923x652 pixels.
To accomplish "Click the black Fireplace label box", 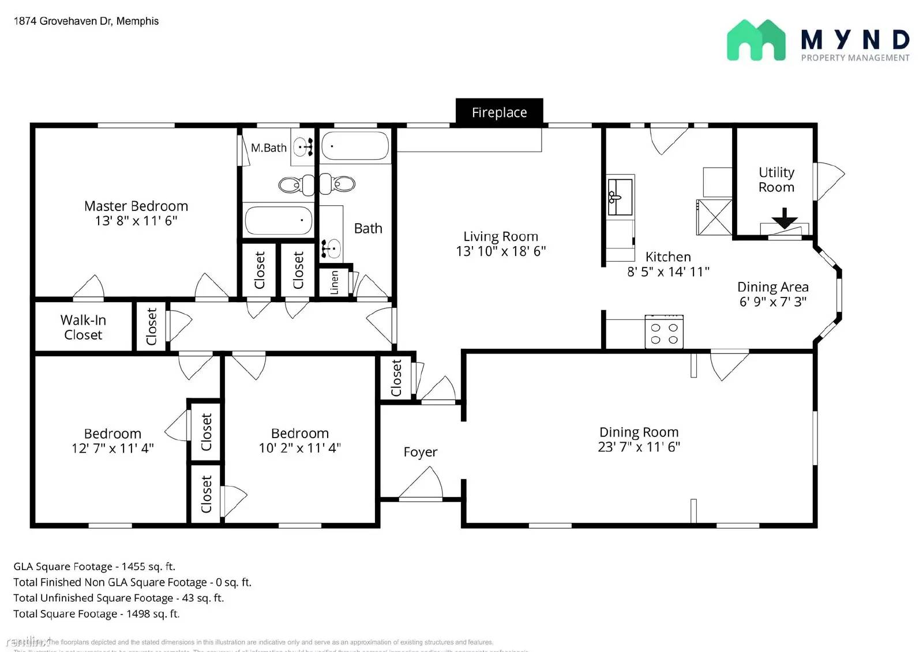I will (x=499, y=112).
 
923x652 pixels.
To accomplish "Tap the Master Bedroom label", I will (x=136, y=206).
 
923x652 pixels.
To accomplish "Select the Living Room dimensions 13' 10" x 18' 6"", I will (x=501, y=251).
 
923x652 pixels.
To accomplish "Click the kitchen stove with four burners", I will (x=664, y=333).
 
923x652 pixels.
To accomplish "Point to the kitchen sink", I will (x=620, y=197).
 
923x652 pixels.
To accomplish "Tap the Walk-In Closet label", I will (x=83, y=327).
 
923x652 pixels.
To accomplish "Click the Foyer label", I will (x=420, y=452).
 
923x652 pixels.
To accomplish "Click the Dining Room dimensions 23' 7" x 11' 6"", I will (x=639, y=447).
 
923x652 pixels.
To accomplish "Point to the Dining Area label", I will (x=772, y=287).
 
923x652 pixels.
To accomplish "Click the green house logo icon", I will (x=756, y=40).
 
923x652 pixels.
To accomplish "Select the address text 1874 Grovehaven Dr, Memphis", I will (x=86, y=21).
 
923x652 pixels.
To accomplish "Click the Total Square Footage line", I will (x=96, y=614).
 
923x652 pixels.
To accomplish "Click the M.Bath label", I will (x=268, y=148).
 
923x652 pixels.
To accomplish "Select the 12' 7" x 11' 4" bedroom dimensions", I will (x=112, y=449).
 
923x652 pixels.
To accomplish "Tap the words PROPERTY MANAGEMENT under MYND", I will (x=855, y=58).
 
